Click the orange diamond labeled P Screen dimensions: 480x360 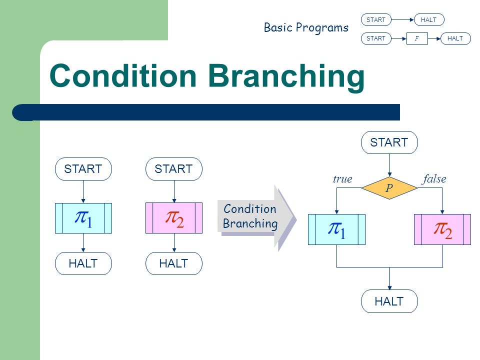pyautogui.click(x=389, y=187)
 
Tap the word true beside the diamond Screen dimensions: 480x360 pyautogui.click(x=342, y=179)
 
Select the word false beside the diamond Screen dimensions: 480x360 pyautogui.click(x=434, y=178)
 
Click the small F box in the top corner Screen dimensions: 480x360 pyautogui.click(x=417, y=38)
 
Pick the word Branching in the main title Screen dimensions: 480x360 pyautogui.click(x=286, y=76)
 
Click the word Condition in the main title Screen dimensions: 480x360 pyautogui.click(x=123, y=75)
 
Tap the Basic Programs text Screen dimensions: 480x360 pyautogui.click(x=306, y=27)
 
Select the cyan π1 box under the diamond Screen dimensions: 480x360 pyautogui.click(x=336, y=229)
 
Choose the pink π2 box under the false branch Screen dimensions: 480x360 pyautogui.click(x=442, y=229)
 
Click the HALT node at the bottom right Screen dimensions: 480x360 pyautogui.click(x=389, y=301)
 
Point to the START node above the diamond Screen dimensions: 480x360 pyautogui.click(x=389, y=142)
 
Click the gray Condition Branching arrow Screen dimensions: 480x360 pyautogui.click(x=256, y=218)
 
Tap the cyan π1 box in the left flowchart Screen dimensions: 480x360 pyautogui.click(x=83, y=218)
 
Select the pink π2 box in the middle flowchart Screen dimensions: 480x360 pyautogui.click(x=174, y=218)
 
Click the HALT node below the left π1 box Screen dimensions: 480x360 pyautogui.click(x=83, y=263)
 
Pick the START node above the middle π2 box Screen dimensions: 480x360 pyautogui.click(x=174, y=169)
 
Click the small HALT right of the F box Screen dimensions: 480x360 pyautogui.click(x=455, y=38)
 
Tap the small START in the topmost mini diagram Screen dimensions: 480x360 pyautogui.click(x=376, y=20)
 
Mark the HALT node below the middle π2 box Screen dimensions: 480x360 pyautogui.click(x=174, y=263)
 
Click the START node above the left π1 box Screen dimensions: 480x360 pyautogui.click(x=83, y=169)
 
